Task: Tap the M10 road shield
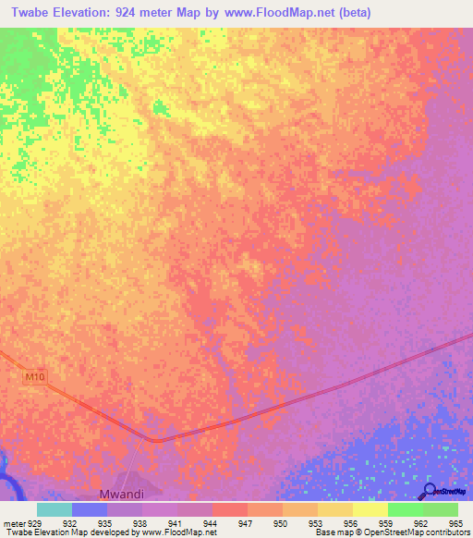tap(34, 377)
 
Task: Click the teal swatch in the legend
tap(55, 509)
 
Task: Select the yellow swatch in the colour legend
tap(370, 509)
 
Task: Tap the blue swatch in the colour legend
tap(90, 509)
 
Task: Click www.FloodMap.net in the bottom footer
tap(180, 532)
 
